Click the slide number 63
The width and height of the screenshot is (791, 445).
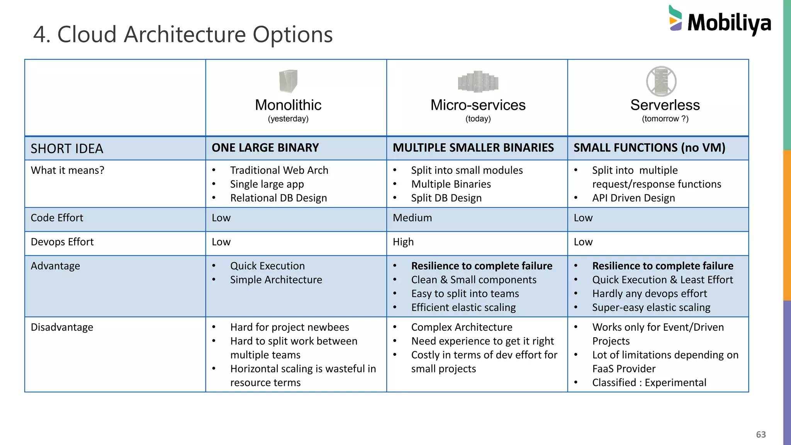[x=760, y=435]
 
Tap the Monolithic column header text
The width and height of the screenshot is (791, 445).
[x=288, y=105]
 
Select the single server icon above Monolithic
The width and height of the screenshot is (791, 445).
[x=288, y=81]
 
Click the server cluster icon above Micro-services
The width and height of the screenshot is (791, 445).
[x=478, y=82]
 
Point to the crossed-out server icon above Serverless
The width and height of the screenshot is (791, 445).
[x=661, y=82]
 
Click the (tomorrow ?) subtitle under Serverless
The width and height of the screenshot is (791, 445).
[x=665, y=119]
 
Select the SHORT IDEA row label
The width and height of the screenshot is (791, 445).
[x=67, y=149]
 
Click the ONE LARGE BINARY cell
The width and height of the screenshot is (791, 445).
[x=265, y=148]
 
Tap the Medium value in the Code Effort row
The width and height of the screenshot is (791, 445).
[x=412, y=218]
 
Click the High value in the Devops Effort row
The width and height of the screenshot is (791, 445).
[x=403, y=242]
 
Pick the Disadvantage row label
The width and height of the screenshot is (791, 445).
[x=62, y=327]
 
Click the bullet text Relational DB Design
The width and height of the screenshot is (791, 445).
[x=278, y=198]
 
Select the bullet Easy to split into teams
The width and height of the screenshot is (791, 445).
[x=465, y=294]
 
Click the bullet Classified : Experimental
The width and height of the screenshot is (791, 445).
[x=649, y=382]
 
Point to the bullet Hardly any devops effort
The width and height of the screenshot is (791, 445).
[x=649, y=294]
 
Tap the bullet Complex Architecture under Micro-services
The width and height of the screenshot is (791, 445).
[x=462, y=327]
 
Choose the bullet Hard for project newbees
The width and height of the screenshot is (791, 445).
[x=289, y=327]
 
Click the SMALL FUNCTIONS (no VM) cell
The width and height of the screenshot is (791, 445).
[x=649, y=148]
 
